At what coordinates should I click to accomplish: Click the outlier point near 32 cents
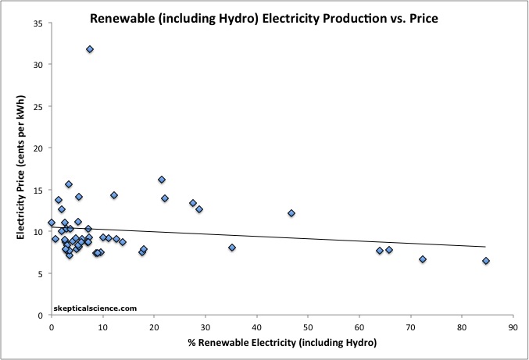tap(90, 49)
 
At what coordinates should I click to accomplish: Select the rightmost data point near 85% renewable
tap(486, 261)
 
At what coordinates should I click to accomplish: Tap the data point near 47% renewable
tap(291, 213)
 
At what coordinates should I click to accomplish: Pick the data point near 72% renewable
tap(423, 259)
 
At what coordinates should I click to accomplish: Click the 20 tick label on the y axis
tap(38, 148)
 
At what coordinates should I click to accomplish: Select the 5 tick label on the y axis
tap(40, 273)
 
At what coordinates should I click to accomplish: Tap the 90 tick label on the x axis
tap(513, 327)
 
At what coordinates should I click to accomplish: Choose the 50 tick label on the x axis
tap(308, 327)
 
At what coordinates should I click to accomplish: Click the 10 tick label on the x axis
tap(102, 327)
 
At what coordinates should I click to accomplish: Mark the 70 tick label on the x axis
tap(410, 327)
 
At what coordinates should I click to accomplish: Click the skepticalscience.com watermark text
tap(96, 308)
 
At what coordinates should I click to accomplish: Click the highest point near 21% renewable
tap(162, 180)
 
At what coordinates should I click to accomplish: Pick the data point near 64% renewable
tap(380, 251)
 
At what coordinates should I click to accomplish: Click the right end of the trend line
tap(486, 247)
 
